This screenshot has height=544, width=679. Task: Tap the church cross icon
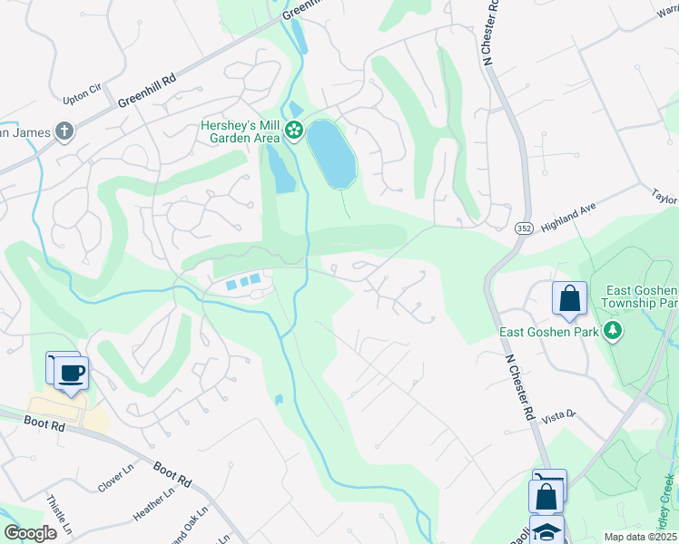point(64,132)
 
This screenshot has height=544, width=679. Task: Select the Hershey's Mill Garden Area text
point(240,132)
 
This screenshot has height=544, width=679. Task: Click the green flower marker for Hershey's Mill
point(294,131)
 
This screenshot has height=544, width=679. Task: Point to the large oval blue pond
point(331,154)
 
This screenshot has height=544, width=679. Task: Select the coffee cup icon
point(72,372)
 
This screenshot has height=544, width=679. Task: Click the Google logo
point(30,532)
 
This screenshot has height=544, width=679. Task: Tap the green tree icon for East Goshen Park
point(614,332)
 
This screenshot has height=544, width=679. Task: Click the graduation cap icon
point(546,532)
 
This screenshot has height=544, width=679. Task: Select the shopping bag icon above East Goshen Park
point(569,298)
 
